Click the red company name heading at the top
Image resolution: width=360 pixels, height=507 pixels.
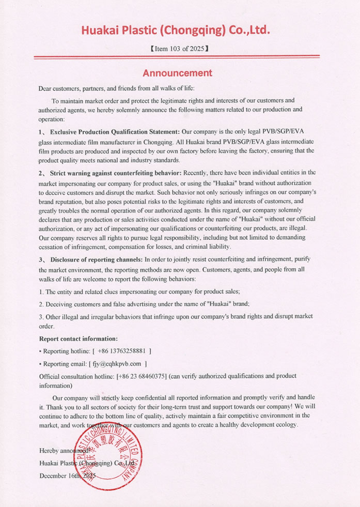[x=175, y=30]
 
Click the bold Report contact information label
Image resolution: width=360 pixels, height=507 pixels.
[x=79, y=339]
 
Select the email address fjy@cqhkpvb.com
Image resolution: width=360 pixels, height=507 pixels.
[x=116, y=364]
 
